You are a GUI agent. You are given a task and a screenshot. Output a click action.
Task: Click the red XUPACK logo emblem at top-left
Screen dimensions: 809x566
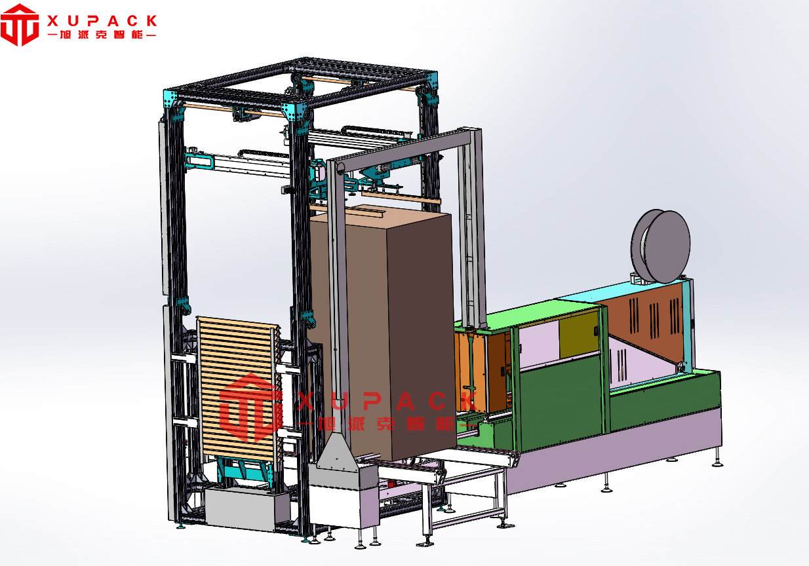tap(20, 24)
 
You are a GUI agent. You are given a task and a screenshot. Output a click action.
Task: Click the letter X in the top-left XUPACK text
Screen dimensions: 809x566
tap(52, 21)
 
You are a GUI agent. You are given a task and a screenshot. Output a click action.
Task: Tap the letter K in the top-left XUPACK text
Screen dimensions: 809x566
tap(152, 21)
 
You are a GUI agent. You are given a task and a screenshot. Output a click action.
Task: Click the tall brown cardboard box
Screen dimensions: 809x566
tap(383, 334)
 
